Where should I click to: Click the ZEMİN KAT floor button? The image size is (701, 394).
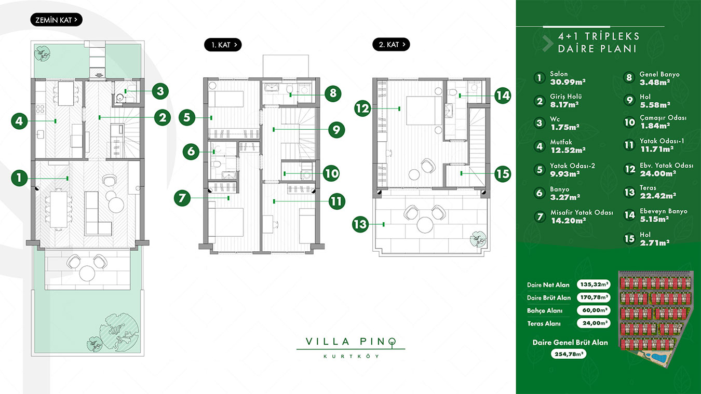pyautogui.click(x=56, y=20)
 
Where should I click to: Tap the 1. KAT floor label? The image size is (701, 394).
pyautogui.click(x=223, y=45)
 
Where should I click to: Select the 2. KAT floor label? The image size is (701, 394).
pyautogui.click(x=391, y=45)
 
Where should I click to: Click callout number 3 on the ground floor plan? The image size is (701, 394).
pyautogui.click(x=160, y=91)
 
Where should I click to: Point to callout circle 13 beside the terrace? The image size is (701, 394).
pyautogui.click(x=360, y=224)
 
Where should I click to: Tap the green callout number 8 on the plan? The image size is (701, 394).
pyautogui.click(x=333, y=93)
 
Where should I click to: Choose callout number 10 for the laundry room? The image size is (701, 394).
pyautogui.click(x=331, y=173)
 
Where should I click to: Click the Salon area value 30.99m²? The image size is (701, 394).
pyautogui.click(x=568, y=82)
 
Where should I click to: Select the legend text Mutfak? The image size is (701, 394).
pyautogui.click(x=561, y=142)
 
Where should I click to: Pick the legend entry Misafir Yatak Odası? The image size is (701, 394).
pyautogui.click(x=582, y=212)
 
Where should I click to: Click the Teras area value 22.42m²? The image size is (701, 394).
pyautogui.click(x=658, y=196)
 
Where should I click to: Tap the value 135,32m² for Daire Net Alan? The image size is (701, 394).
pyautogui.click(x=594, y=284)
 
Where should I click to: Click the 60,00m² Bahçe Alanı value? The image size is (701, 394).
pyautogui.click(x=594, y=310)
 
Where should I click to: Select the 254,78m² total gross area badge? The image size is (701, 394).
pyautogui.click(x=569, y=354)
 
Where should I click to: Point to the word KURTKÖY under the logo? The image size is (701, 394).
pyautogui.click(x=351, y=356)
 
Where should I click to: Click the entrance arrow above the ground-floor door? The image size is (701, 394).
pyautogui.click(x=99, y=75)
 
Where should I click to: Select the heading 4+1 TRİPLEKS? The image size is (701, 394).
pyautogui.click(x=599, y=36)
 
